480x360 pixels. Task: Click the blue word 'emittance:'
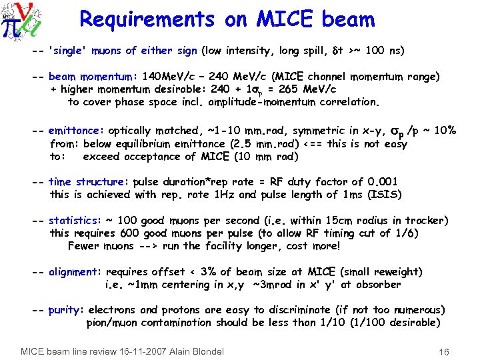(76, 131)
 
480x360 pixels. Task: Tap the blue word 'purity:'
(66, 310)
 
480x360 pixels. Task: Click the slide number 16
(444, 351)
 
